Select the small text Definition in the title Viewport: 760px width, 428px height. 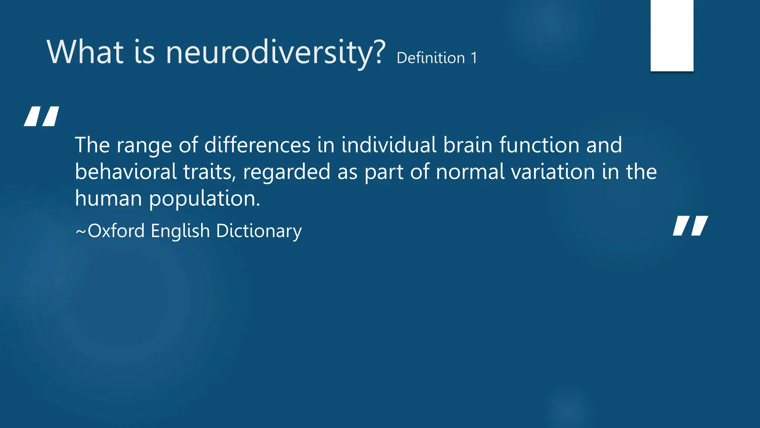coord(430,58)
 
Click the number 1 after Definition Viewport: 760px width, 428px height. coord(474,58)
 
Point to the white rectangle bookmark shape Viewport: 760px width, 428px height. coord(672,35)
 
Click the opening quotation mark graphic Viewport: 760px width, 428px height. coord(42,116)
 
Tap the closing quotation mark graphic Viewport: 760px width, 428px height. coord(690,226)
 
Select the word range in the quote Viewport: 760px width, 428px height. coord(144,145)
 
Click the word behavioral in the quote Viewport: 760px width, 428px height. coord(126,172)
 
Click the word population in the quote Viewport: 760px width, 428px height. coord(204,199)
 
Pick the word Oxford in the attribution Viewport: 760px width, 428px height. coord(116,231)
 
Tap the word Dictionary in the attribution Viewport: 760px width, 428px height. coord(259,231)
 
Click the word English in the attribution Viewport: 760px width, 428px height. coord(180,231)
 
